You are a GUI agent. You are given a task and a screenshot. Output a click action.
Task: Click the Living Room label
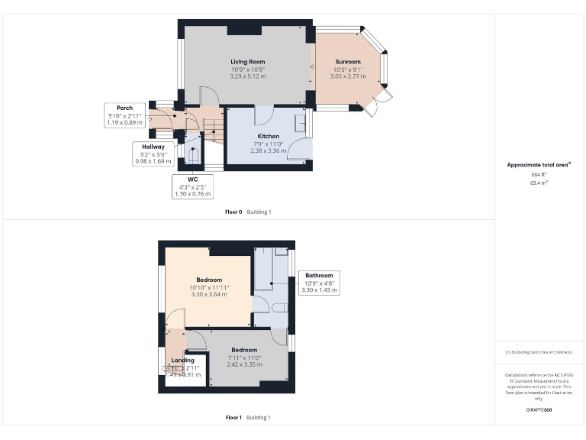pos(247,61)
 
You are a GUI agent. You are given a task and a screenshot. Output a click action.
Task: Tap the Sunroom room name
pos(347,61)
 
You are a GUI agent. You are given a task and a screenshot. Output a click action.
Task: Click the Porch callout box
pos(124,115)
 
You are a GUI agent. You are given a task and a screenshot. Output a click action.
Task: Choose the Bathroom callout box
pos(319,283)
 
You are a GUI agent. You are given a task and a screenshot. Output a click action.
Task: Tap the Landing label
pos(182,360)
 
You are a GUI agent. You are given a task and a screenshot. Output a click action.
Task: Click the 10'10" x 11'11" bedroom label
pos(209,280)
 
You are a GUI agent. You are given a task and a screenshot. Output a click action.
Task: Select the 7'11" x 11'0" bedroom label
pos(244,350)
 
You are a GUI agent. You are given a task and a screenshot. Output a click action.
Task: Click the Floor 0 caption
pos(233,212)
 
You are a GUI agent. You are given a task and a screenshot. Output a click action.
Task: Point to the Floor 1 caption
pos(233,418)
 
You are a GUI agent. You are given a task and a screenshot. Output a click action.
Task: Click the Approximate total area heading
pos(539,165)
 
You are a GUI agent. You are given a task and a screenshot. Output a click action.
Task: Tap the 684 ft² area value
pos(539,175)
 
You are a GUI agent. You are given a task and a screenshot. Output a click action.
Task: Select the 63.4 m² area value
pos(539,183)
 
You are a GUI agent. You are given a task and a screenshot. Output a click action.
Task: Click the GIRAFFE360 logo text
pos(539,410)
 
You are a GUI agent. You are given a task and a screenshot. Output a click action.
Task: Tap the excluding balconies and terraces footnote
pos(539,352)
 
